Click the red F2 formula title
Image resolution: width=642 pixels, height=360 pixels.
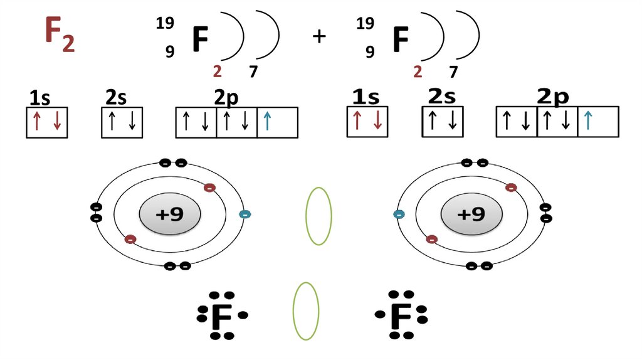coord(59,34)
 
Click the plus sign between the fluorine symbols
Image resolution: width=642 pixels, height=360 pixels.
coord(319,36)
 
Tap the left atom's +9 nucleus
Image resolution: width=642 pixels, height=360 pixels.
coord(169,214)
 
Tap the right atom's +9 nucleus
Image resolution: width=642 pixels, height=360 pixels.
coord(471,214)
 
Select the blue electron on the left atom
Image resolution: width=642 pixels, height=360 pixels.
coord(245,214)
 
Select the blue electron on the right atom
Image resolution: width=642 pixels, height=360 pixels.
coord(399,214)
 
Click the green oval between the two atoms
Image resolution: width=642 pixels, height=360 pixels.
coord(318,216)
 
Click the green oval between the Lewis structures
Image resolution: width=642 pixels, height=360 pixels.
coord(306,311)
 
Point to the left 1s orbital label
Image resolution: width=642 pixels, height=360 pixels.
coord(39,98)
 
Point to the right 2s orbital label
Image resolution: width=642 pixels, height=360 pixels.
coord(442,97)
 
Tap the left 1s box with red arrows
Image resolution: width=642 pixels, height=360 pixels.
coord(46,122)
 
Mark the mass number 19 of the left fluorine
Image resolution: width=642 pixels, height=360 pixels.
coord(164,24)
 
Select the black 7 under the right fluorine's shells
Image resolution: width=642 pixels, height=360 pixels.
coord(453,71)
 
